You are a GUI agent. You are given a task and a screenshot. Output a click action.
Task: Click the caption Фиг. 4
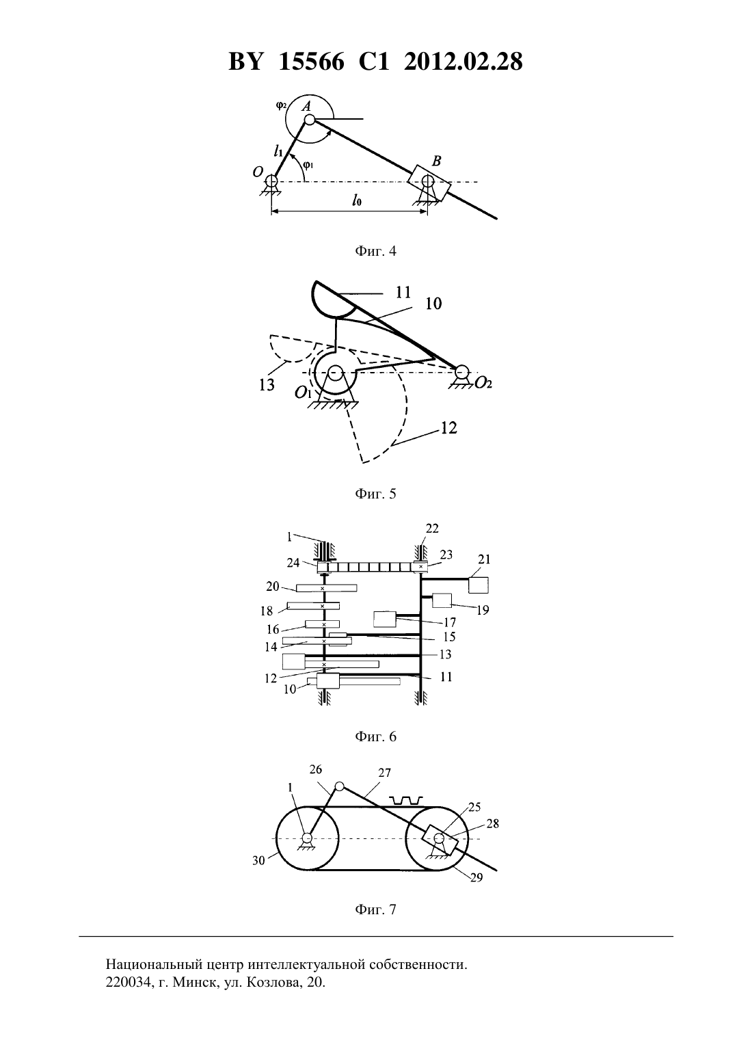click(375, 251)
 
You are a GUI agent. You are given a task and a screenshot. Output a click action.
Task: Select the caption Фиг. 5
click(375, 494)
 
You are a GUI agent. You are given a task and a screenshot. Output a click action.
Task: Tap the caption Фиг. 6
click(375, 736)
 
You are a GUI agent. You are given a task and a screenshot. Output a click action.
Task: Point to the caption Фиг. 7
click(375, 909)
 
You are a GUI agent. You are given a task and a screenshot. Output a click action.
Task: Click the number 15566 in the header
click(311, 62)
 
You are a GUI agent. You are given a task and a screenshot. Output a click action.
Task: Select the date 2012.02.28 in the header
click(463, 62)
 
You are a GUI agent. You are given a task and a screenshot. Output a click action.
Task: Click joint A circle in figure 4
click(309, 120)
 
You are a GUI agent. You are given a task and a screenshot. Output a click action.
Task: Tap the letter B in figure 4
click(436, 161)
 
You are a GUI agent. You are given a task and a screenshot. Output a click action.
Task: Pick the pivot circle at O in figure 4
click(271, 181)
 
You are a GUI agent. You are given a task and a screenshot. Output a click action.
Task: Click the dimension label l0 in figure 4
click(357, 200)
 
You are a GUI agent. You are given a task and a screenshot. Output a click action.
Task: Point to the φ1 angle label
click(308, 165)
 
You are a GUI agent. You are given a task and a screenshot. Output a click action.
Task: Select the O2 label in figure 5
click(483, 383)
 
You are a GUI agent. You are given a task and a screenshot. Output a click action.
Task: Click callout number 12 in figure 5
click(448, 428)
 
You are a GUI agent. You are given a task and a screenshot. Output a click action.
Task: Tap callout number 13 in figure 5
click(267, 385)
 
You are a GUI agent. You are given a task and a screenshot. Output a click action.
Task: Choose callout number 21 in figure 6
click(484, 559)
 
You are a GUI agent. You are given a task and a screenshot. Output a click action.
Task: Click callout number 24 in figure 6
click(293, 563)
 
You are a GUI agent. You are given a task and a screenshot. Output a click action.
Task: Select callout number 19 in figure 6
click(483, 611)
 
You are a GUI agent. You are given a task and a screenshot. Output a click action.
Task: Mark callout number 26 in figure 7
click(316, 769)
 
